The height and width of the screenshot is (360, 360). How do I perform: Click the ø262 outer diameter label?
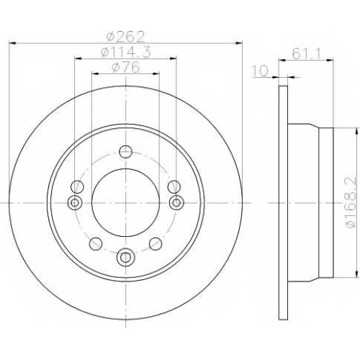(126, 36)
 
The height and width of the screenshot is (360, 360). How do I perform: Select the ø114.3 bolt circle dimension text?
(125, 51)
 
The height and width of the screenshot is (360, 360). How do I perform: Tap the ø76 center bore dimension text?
(126, 67)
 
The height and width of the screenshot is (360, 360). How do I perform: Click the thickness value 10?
(259, 71)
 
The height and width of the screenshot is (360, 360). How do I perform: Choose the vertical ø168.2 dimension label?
(351, 202)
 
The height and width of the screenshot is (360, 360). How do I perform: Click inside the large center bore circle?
(126, 203)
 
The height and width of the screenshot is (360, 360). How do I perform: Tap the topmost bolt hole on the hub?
(126, 152)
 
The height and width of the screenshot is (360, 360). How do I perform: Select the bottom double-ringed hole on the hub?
(125, 257)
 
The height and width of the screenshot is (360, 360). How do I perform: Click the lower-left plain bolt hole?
(96, 243)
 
